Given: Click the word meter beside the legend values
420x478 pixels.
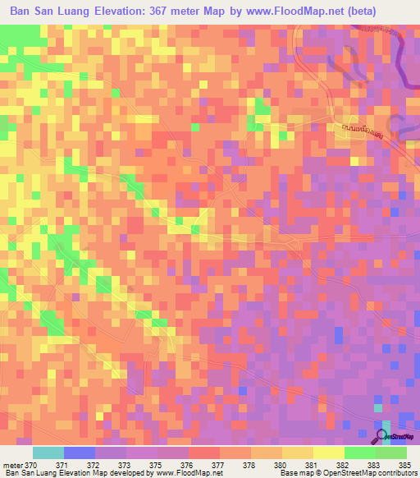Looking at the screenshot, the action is coord(12,464).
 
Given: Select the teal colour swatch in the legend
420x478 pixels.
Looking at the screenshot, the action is coord(48,453).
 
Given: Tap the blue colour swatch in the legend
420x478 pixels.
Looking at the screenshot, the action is coord(79,453).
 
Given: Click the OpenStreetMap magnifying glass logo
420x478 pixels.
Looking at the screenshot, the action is coord(383,437).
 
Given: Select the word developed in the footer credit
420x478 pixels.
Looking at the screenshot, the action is coord(135,473).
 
